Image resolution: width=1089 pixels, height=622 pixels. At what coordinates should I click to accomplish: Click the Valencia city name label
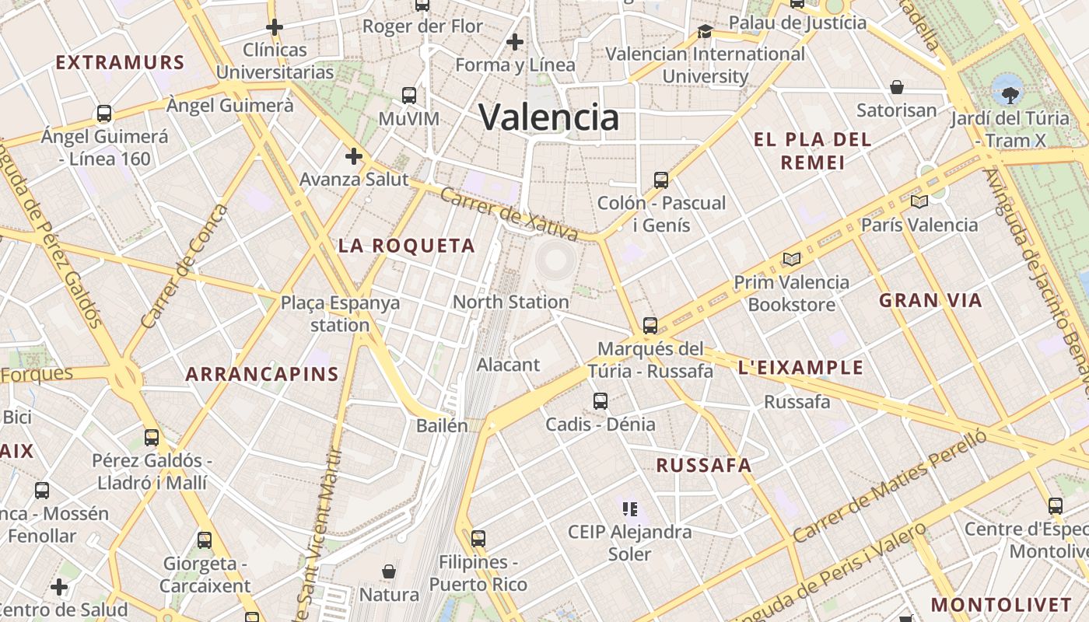(x=549, y=117)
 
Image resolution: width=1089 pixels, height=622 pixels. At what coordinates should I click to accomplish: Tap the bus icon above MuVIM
(x=409, y=96)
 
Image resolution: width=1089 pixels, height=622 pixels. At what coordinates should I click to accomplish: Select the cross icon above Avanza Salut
(x=354, y=156)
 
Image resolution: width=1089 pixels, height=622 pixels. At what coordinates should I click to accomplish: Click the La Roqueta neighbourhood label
(x=407, y=246)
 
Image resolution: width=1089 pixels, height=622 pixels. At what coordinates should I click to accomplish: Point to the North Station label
(x=510, y=302)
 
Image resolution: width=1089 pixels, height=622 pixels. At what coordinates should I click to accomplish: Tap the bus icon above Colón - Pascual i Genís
(x=661, y=180)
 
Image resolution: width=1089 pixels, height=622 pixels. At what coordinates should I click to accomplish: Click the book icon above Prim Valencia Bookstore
(x=792, y=259)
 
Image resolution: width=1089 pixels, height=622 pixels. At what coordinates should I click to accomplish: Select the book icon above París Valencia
(x=919, y=202)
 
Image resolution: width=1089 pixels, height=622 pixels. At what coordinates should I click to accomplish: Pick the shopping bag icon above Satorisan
(x=897, y=87)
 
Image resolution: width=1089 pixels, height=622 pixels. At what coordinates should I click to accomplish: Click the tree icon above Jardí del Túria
(x=1010, y=96)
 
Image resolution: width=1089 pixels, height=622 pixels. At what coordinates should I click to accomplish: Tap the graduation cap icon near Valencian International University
(x=705, y=31)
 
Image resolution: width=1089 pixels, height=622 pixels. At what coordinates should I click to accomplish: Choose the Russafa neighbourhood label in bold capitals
(x=704, y=466)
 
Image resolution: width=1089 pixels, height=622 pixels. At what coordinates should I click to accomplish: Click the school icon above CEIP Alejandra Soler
(x=630, y=509)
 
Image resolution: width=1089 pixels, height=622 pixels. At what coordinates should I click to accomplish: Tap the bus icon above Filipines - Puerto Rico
(x=478, y=538)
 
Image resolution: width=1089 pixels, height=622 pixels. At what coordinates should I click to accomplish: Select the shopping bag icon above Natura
(x=389, y=572)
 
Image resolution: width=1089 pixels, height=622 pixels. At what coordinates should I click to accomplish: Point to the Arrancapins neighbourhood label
(x=262, y=374)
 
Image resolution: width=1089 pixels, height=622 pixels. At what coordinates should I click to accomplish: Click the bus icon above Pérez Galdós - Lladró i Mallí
(x=152, y=438)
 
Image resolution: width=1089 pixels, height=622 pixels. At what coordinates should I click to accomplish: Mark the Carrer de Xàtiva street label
(x=509, y=213)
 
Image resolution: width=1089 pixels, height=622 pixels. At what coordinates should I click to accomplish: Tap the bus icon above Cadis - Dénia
(x=601, y=401)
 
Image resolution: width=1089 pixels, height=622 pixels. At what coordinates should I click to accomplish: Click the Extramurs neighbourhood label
(x=120, y=63)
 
